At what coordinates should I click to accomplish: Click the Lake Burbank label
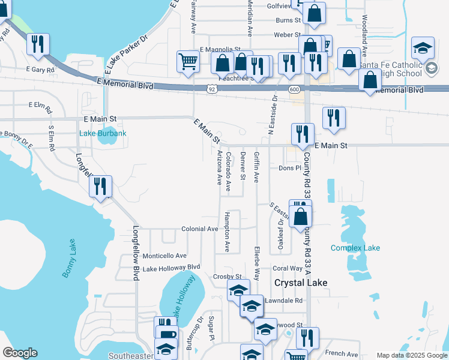(103, 133)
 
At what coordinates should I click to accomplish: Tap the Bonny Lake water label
(69, 258)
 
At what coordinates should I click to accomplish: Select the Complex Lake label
(355, 248)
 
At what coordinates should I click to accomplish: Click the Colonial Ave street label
(200, 229)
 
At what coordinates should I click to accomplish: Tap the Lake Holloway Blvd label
(171, 268)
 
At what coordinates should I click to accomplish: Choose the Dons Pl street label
(289, 168)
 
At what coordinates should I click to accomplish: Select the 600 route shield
(294, 89)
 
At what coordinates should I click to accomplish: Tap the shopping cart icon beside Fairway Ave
(188, 61)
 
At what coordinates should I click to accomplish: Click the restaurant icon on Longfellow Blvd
(100, 185)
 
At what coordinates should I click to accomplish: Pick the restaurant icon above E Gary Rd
(37, 44)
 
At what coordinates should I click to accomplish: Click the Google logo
(20, 353)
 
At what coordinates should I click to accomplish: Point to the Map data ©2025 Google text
(411, 355)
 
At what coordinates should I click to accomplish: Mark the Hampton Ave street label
(228, 232)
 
